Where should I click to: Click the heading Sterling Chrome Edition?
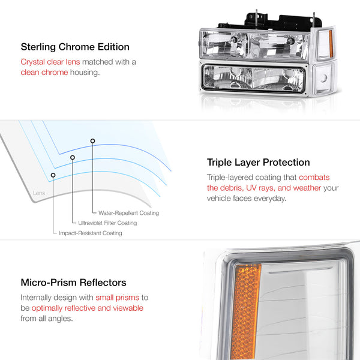[74, 47]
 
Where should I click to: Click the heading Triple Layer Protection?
[258, 162]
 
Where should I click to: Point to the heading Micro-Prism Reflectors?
[73, 283]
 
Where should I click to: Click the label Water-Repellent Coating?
[129, 213]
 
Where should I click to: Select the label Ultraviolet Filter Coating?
[107, 223]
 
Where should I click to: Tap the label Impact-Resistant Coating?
[90, 233]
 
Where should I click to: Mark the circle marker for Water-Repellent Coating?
[92, 141]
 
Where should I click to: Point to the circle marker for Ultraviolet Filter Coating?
[73, 158]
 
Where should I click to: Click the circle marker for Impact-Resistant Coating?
[53, 175]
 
